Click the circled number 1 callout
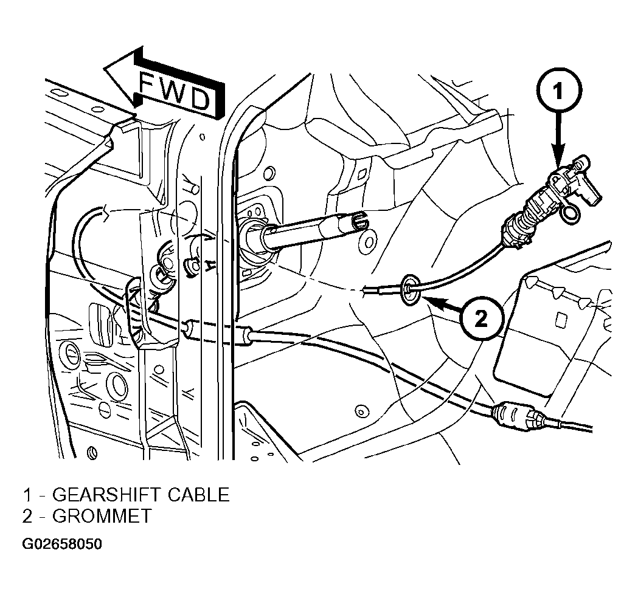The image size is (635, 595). click(x=559, y=91)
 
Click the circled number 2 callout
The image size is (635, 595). click(x=481, y=320)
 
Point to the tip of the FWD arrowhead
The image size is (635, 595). click(x=105, y=67)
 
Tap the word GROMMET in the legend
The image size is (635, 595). click(x=102, y=516)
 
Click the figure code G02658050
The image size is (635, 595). click(x=62, y=544)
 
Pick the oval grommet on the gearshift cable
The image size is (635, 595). click(x=411, y=290)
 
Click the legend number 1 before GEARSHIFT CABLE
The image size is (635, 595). click(x=27, y=495)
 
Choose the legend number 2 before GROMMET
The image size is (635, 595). click(x=27, y=516)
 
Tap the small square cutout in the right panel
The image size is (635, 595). click(x=561, y=320)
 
